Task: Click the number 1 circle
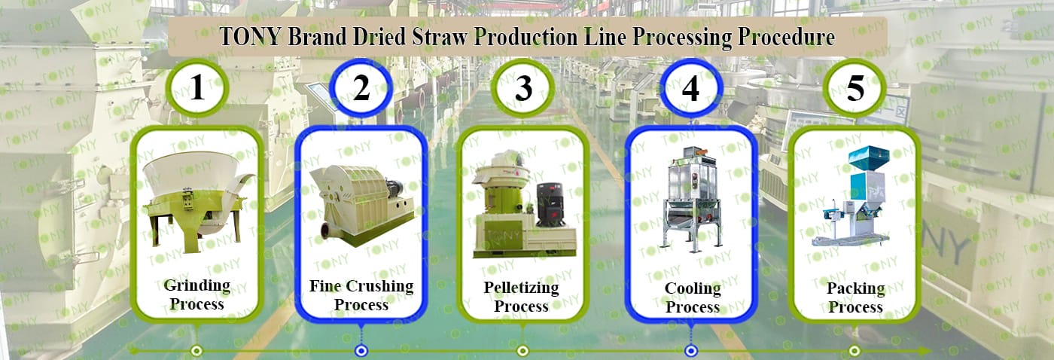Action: pos(196,89)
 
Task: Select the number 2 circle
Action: pos(361,89)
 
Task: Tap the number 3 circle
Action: pos(523,89)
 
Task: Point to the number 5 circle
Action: pos(855,89)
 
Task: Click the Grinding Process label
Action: pos(196,294)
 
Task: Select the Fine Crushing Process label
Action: pos(361,295)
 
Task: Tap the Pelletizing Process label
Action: pos(521,297)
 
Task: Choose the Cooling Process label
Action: pos(693,297)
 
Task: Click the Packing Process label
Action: pos(854,297)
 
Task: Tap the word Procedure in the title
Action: pos(787,37)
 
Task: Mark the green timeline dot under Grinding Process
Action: pos(196,350)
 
